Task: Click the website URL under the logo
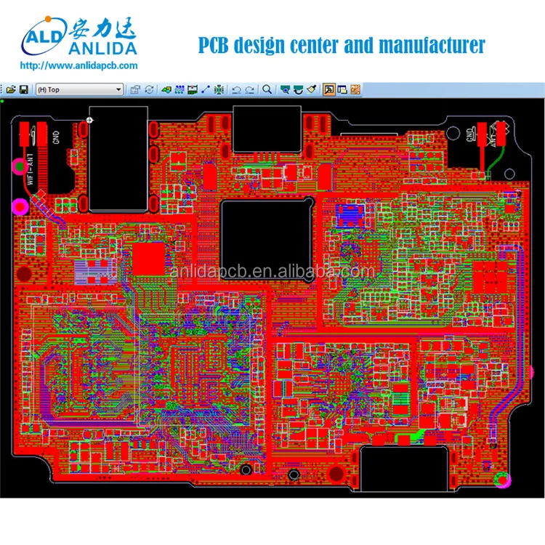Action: coord(78,66)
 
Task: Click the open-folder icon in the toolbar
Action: coord(11,89)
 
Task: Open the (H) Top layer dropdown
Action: coord(80,89)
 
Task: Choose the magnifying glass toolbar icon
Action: coord(267,89)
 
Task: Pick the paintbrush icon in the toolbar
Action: coord(312,89)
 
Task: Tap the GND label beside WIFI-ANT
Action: coord(55,136)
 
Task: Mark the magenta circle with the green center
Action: coord(16,167)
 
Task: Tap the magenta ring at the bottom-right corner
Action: coord(502,480)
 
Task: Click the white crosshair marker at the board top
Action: coord(89,119)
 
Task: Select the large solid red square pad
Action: coord(148,258)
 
